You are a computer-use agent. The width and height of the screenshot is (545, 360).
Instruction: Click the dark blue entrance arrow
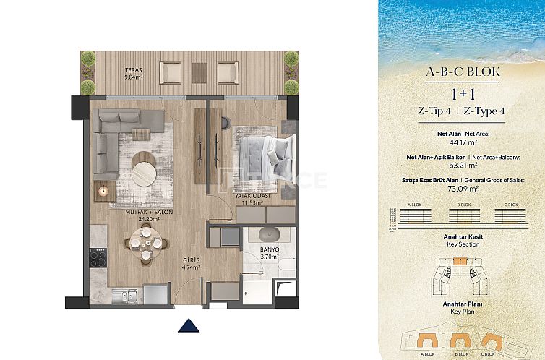click(x=188, y=325)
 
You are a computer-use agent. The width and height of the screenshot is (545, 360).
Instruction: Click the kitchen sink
click(x=124, y=295)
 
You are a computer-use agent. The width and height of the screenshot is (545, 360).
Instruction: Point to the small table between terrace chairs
click(x=199, y=72)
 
